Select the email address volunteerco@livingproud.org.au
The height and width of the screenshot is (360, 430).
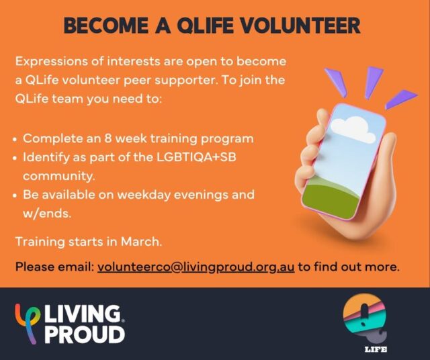tap(196, 266)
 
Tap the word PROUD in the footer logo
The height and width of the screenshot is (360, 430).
tap(85, 333)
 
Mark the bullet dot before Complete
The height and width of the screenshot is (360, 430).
tap(15, 140)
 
